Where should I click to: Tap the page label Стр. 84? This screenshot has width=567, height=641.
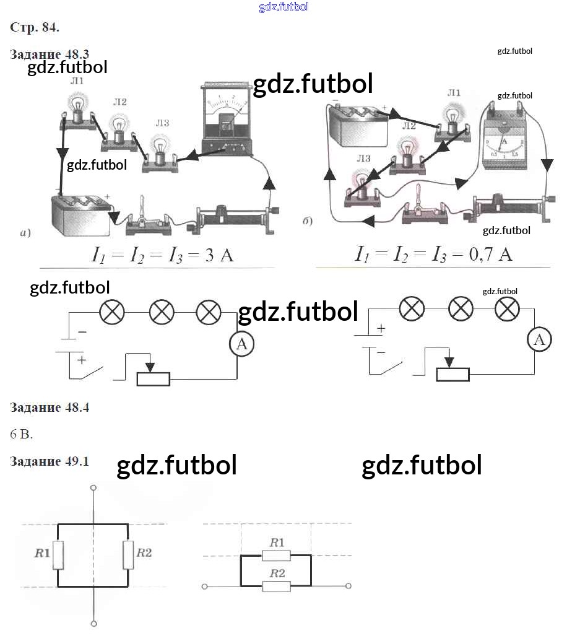point(35,27)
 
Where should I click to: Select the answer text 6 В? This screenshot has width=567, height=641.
point(21,434)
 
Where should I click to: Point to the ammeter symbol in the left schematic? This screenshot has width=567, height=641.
point(241,345)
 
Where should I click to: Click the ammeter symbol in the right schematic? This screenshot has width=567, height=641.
point(540,339)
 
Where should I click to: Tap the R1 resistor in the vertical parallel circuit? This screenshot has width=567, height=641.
point(58,554)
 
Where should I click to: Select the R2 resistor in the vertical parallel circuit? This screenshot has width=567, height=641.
point(128,554)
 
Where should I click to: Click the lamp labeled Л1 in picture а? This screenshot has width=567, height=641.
point(77,111)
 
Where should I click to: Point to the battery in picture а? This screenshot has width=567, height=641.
point(80,214)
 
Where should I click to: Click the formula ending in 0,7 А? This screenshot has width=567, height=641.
point(433,254)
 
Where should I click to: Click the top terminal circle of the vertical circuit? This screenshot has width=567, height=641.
point(93,489)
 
